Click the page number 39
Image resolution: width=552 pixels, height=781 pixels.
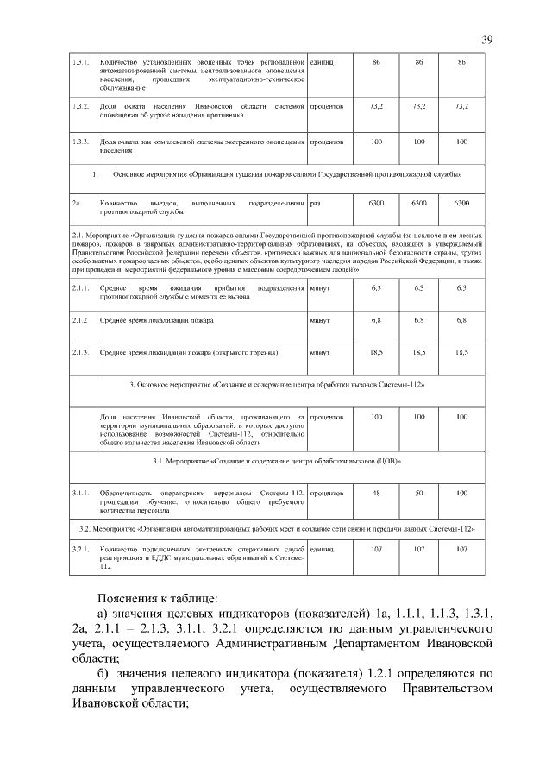coord(487,41)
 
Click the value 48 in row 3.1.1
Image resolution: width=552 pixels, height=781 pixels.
coord(376,492)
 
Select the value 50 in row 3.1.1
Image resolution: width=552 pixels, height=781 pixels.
coord(419,492)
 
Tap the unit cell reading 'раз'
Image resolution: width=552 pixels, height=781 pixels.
coord(316,202)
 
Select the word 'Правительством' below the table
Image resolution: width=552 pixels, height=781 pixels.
coord(446,688)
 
